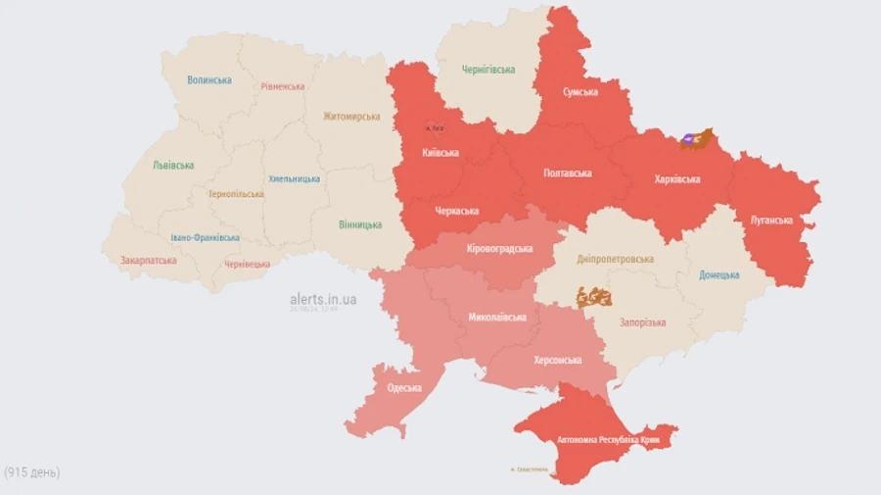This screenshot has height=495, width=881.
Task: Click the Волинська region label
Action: pos(209,80)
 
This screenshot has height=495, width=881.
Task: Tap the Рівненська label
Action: pos(282,86)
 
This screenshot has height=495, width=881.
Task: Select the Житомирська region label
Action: pos(351,117)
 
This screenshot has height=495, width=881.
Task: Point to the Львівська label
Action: pos(173,166)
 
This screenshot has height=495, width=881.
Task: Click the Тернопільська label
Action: pos(235,194)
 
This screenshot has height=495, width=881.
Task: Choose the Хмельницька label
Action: pos(294,179)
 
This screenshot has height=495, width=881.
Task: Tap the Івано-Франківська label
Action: pos(205,238)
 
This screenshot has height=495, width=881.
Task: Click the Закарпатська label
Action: pos(149,261)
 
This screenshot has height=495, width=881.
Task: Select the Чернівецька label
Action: pos(247,265)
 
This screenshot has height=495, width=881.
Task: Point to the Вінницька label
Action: pos(360,224)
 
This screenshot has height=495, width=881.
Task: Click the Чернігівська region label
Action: pos(488,70)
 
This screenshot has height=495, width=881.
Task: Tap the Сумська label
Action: pos(580,92)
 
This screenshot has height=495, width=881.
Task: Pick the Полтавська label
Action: pos(568,173)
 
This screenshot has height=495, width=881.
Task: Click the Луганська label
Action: pos(771,221)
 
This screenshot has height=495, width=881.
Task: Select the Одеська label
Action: pos(404,388)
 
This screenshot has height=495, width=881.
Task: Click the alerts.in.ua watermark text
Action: pos(323,299)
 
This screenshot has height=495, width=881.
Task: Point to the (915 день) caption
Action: pos(31,472)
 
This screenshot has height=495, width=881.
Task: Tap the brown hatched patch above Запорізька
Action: pos(594,296)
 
